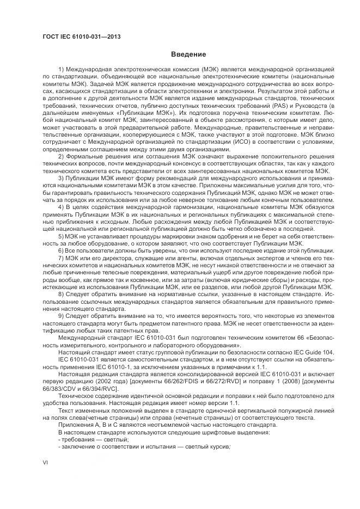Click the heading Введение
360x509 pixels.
coord(188,54)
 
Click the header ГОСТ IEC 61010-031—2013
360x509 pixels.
coord(82,36)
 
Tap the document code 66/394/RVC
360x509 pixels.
coord(95,382)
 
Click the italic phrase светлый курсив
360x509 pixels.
coord(210,446)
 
